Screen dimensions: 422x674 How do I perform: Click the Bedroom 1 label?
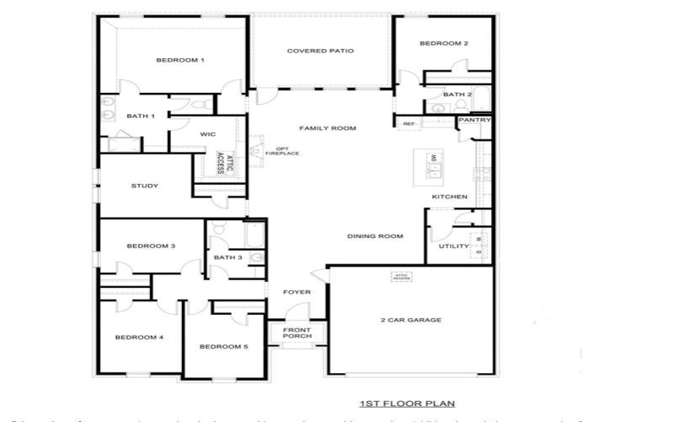click(180, 60)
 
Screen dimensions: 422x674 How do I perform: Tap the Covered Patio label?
click(320, 51)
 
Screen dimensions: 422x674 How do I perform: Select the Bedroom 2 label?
click(444, 43)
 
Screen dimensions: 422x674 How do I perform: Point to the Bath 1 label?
click(141, 116)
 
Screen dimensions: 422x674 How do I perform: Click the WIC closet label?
click(208, 134)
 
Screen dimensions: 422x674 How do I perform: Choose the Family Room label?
click(328, 128)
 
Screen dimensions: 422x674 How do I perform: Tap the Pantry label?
click(469, 121)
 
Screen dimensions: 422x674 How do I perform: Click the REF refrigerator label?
click(409, 124)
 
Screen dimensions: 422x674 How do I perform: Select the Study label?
click(145, 186)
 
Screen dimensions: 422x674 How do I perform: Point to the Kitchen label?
click(449, 197)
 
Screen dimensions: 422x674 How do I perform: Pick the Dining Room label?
click(375, 236)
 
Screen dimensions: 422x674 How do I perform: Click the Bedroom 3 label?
click(151, 246)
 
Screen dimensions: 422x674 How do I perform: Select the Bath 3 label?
click(227, 257)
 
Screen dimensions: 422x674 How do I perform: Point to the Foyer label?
click(297, 292)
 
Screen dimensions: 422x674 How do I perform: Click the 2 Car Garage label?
click(411, 320)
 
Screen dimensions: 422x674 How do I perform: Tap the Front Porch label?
click(297, 333)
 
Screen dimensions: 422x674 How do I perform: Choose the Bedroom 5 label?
click(223, 346)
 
